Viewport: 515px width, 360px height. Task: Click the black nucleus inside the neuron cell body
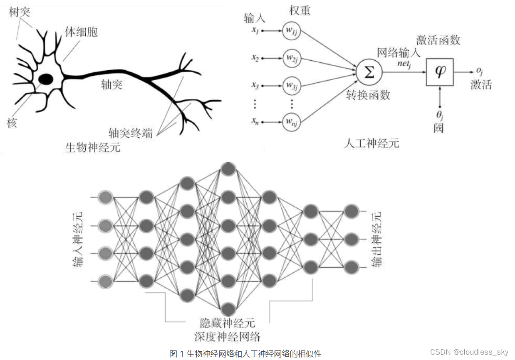(46, 78)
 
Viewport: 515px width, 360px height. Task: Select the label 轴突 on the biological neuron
(112, 85)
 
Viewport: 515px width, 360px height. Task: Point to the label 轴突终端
(130, 133)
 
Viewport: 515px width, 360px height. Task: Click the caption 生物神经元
(93, 147)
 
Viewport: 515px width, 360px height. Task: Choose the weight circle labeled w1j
(291, 31)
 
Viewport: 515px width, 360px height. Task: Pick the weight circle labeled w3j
(291, 86)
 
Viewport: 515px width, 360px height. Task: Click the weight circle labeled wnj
(291, 122)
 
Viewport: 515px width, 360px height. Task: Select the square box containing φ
(440, 72)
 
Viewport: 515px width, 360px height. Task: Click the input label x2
(255, 59)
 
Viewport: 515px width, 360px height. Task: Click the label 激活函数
(438, 40)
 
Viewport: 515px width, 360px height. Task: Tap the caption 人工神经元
(371, 143)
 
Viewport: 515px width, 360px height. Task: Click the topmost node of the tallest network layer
(228, 169)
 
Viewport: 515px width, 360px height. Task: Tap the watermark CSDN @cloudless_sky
(469, 352)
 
